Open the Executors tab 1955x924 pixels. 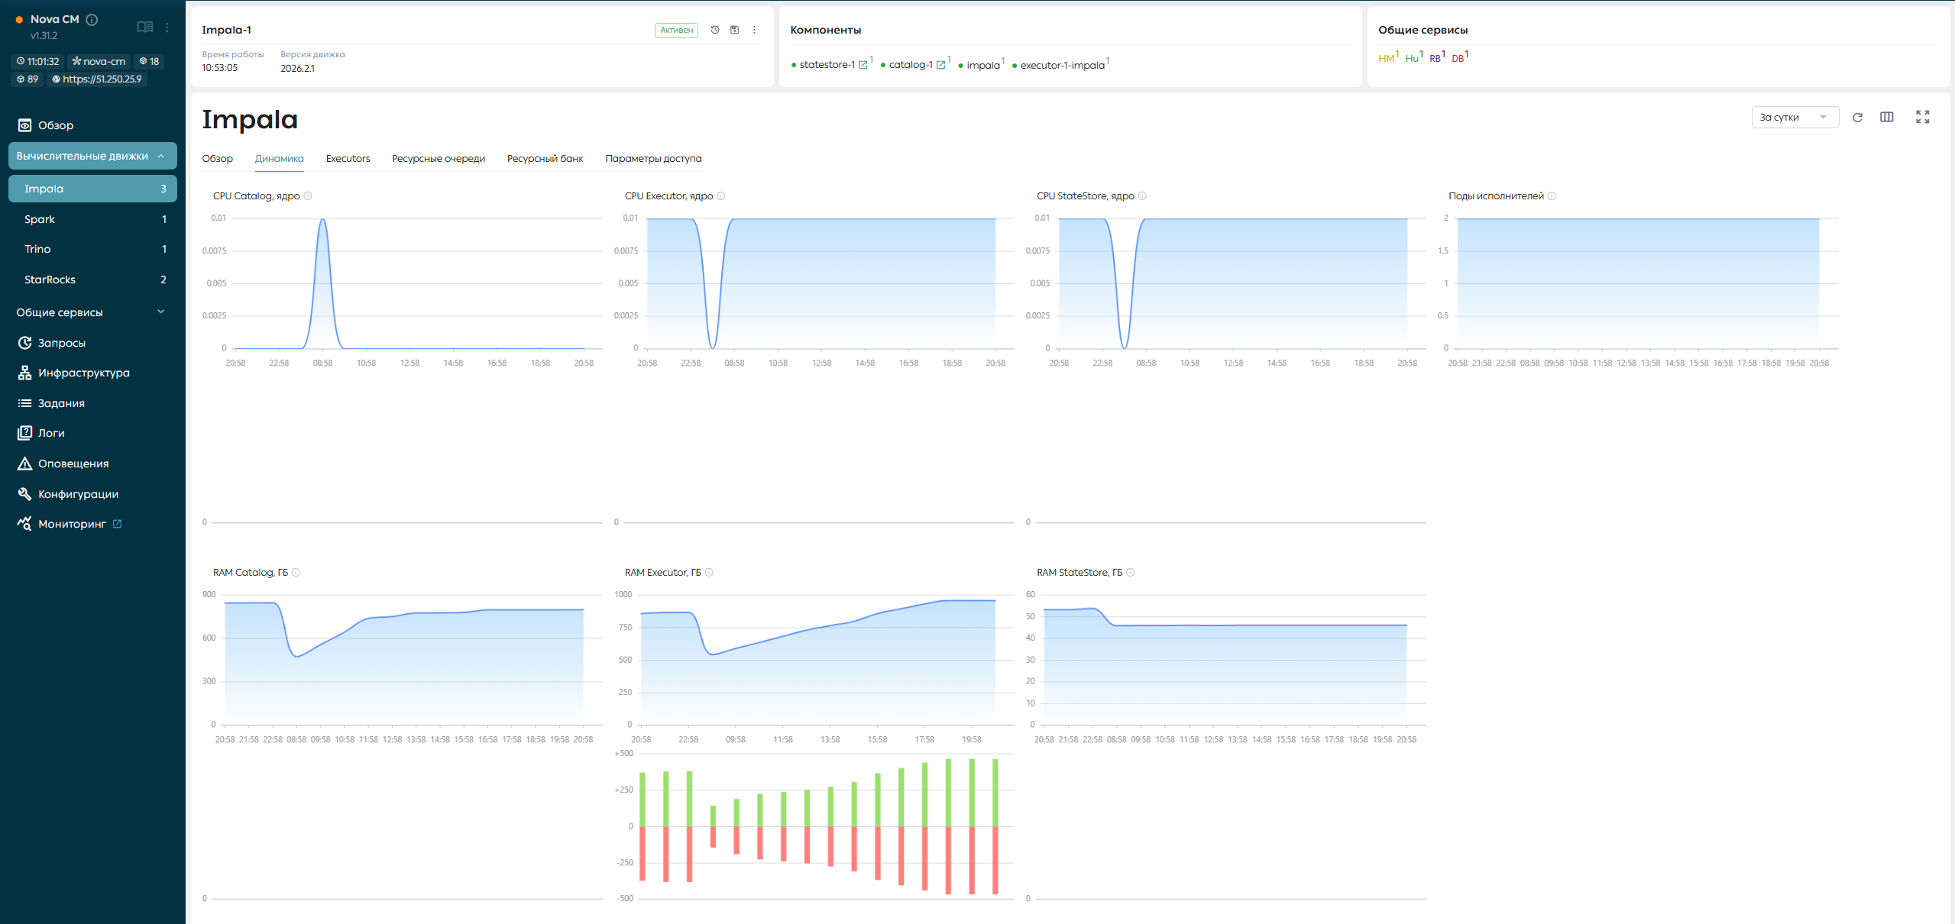[348, 159]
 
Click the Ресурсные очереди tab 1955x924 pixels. [439, 159]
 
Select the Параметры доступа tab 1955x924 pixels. [653, 159]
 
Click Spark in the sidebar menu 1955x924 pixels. [40, 219]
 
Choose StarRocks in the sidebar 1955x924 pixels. [50, 279]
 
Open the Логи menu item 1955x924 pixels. [51, 433]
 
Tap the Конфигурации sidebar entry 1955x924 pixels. [78, 494]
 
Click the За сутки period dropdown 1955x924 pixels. [1795, 118]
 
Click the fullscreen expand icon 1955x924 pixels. [1923, 117]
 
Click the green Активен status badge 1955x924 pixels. [676, 31]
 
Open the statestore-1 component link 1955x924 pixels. [827, 65]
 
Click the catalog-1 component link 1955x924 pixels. [911, 65]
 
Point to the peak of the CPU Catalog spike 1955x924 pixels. [323, 220]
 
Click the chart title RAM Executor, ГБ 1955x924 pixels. [663, 573]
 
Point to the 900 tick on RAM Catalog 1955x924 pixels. [209, 595]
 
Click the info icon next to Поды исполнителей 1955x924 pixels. [1552, 196]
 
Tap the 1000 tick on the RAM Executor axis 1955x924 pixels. [623, 595]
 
